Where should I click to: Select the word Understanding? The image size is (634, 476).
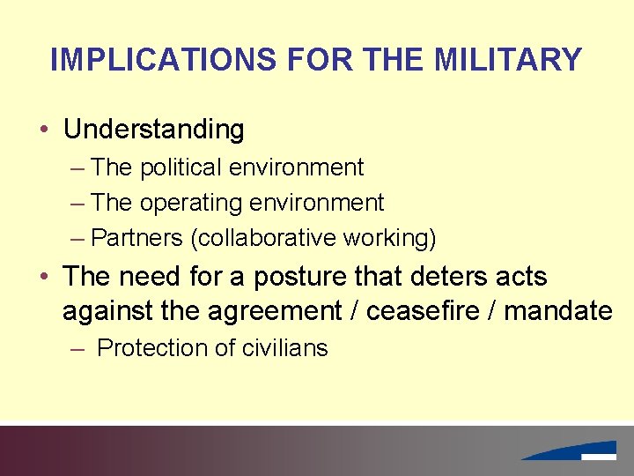tap(153, 130)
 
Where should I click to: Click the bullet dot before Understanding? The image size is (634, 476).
tap(43, 130)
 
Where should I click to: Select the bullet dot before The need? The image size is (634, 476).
tap(43, 278)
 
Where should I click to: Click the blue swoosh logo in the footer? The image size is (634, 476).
tap(573, 450)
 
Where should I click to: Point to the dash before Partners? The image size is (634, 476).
tap(77, 238)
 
